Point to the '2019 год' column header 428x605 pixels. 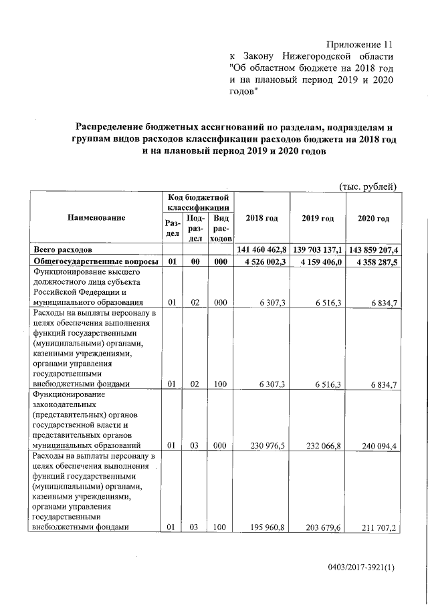318,219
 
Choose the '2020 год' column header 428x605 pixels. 373,219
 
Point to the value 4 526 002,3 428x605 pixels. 265,261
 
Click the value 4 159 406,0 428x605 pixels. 321,261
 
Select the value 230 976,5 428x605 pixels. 269,444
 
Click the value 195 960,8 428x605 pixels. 269,527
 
